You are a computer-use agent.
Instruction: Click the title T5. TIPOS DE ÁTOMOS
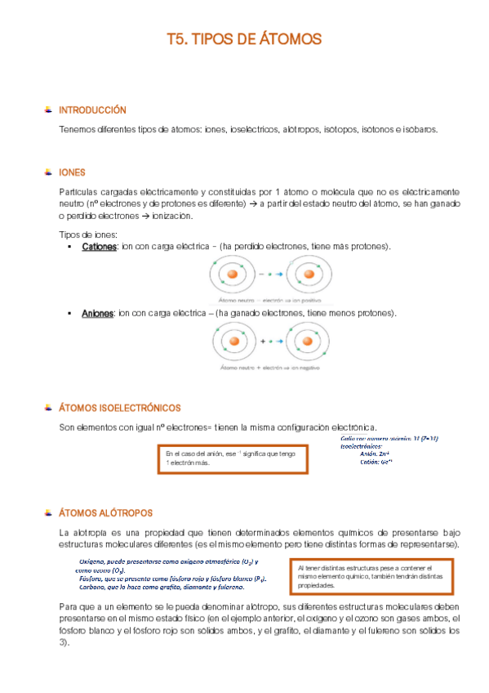244,38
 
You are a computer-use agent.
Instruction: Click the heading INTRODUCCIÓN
92,110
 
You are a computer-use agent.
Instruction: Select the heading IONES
73,172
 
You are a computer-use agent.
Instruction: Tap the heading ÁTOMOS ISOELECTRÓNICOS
120,407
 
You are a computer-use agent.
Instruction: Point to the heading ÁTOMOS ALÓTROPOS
105,513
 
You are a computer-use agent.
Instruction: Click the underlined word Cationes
100,246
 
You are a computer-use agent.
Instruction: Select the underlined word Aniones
97,313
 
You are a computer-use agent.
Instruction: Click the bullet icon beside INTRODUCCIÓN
48,110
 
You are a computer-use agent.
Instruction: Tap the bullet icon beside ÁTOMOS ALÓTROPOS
48,513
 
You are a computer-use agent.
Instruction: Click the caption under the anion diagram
268,369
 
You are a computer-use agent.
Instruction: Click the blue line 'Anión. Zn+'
373,455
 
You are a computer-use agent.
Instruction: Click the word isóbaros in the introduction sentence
419,129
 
